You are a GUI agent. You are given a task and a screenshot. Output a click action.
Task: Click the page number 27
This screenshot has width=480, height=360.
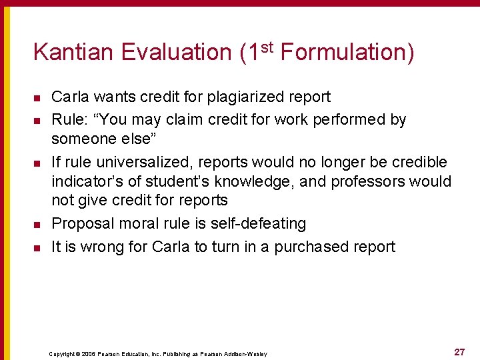click(459, 352)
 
